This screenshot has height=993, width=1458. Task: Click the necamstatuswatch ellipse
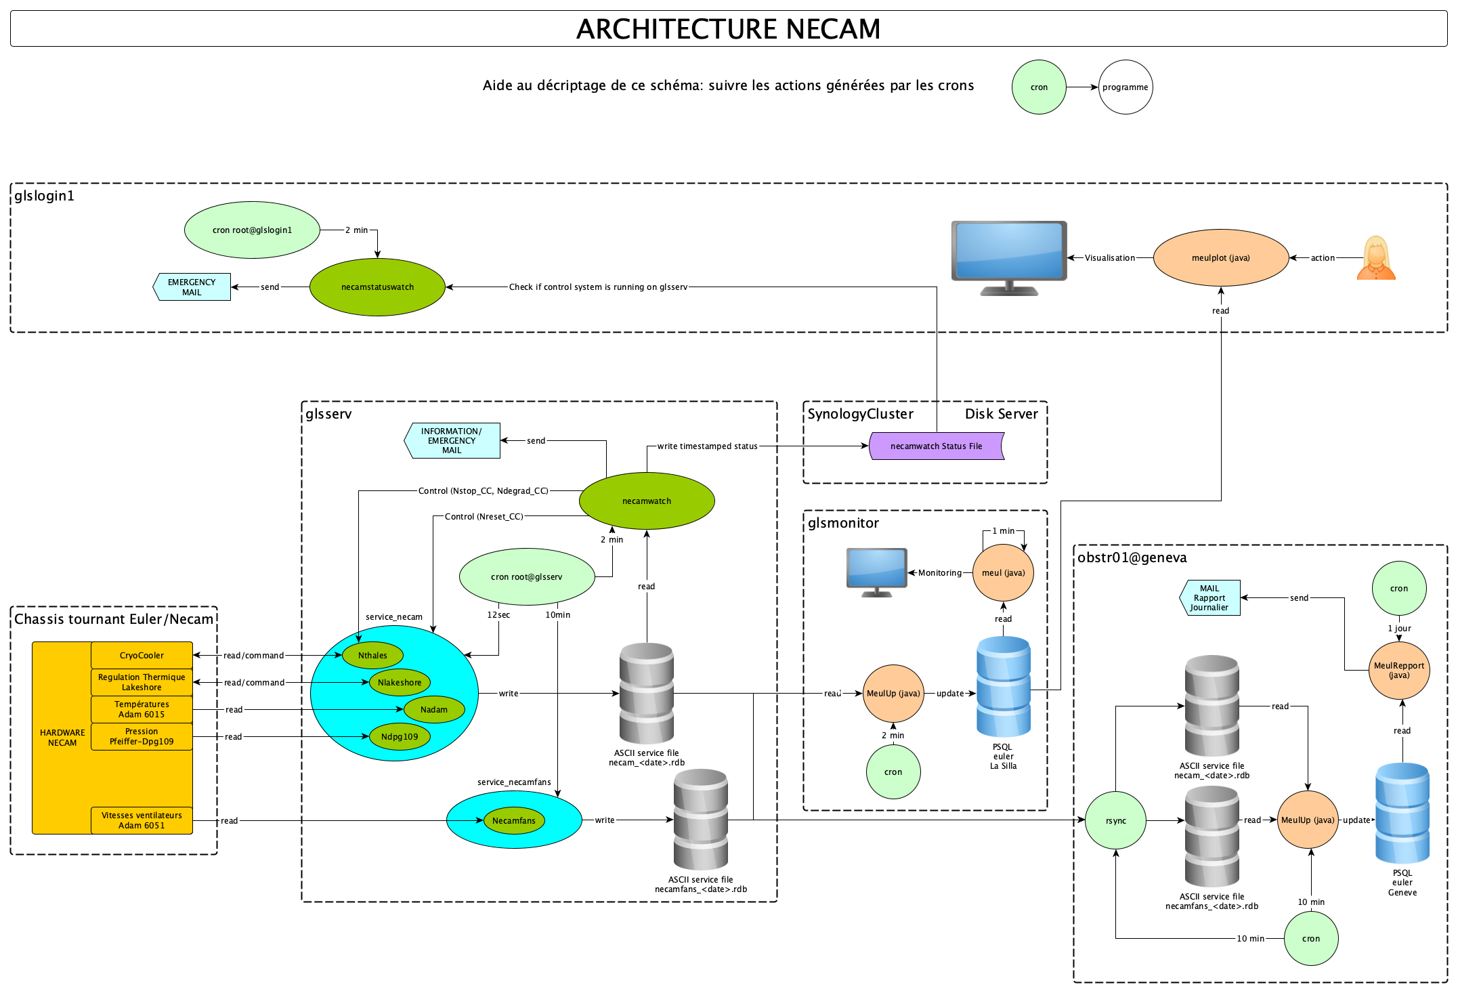[377, 287]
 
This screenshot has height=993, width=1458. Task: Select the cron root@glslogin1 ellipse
[252, 230]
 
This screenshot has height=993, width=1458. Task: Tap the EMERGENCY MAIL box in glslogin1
[192, 287]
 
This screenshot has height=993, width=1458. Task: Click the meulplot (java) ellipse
[1220, 258]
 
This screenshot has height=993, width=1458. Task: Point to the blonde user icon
[1376, 258]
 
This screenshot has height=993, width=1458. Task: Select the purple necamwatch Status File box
[936, 446]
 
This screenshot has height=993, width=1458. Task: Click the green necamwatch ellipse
[647, 501]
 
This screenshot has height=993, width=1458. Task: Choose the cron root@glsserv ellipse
[527, 577]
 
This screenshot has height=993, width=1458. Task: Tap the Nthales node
[372, 656]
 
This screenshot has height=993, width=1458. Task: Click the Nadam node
[434, 710]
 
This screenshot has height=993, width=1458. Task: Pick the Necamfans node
[514, 821]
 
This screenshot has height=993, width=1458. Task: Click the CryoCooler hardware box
[142, 656]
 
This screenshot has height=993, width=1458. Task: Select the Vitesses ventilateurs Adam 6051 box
[142, 820]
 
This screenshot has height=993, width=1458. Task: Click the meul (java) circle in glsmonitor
[1003, 573]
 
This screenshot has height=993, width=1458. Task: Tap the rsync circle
[1115, 821]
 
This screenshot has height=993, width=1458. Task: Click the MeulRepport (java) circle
[1399, 671]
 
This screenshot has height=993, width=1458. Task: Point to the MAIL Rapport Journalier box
[1210, 598]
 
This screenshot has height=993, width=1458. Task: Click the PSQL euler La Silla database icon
[1003, 687]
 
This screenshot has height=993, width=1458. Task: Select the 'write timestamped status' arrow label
[707, 446]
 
